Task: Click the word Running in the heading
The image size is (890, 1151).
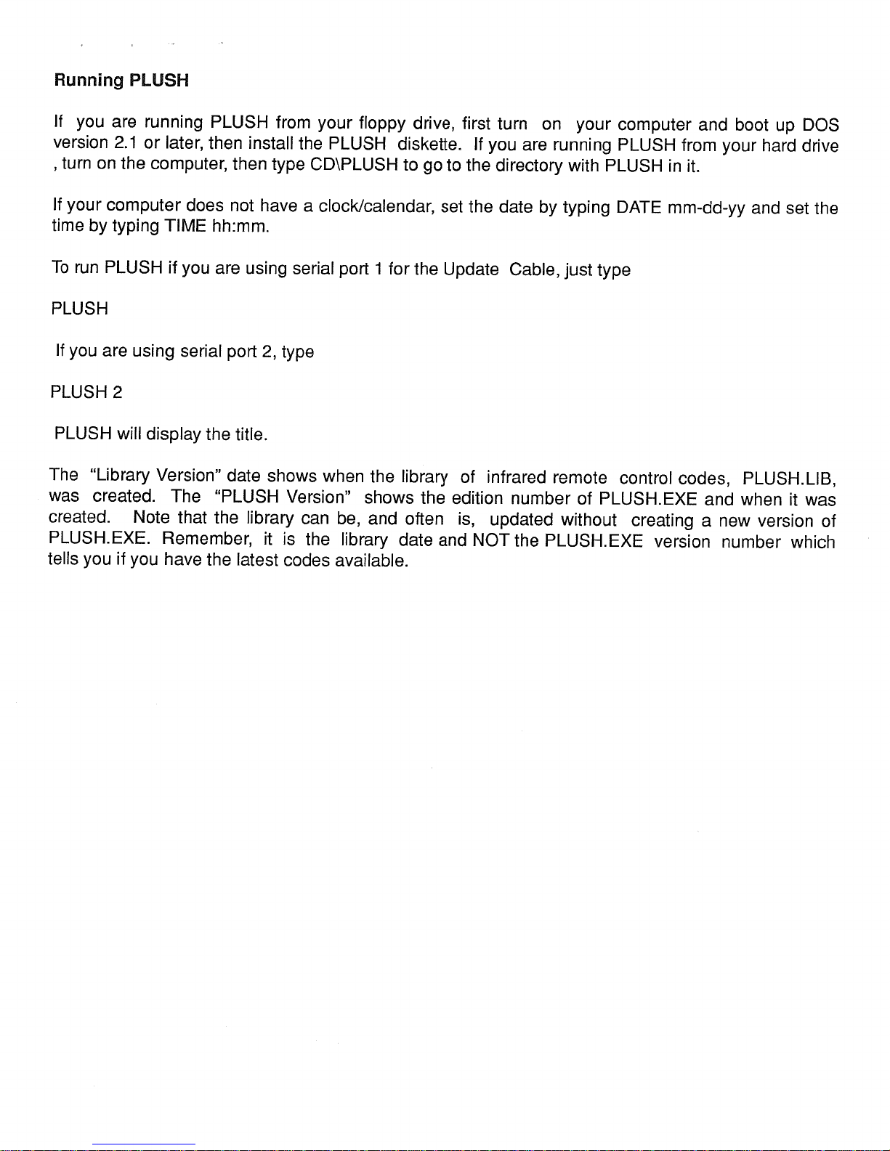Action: pos(89,81)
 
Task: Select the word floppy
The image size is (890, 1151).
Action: pos(387,123)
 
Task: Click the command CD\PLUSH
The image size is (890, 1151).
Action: pos(354,165)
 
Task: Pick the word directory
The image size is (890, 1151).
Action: pos(529,166)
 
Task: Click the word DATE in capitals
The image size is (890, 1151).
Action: pos(639,208)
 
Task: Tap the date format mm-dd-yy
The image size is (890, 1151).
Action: pos(705,209)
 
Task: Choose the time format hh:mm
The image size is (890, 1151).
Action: pos(240,227)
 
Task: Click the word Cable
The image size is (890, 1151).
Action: pos(533,269)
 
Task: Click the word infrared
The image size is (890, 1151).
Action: pos(517,477)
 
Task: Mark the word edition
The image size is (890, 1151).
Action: pos(477,498)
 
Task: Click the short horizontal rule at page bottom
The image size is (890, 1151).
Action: pos(144,1144)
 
